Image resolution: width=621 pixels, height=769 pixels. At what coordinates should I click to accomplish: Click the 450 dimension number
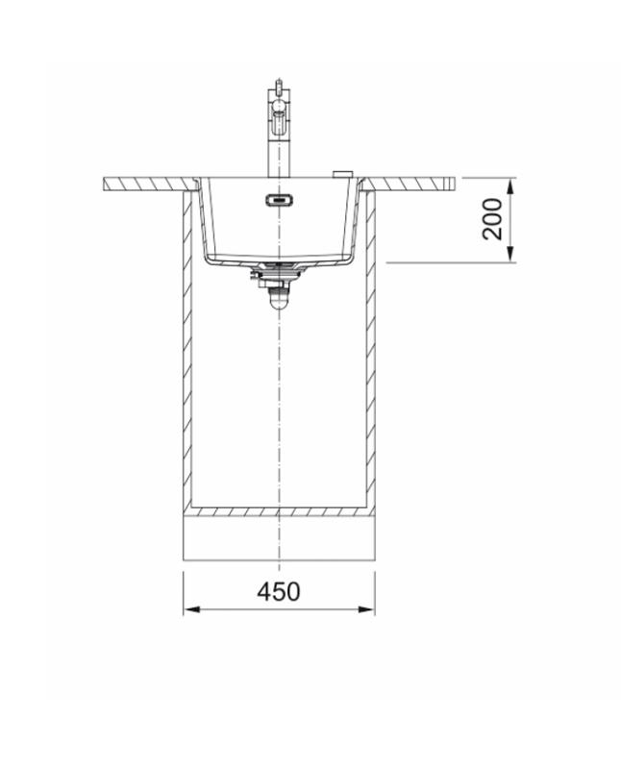point(279,591)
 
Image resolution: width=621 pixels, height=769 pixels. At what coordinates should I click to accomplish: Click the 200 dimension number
point(492,219)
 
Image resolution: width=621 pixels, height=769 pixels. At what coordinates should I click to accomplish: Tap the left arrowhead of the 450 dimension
point(190,608)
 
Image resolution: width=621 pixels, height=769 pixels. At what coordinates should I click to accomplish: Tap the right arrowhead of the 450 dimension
point(368,608)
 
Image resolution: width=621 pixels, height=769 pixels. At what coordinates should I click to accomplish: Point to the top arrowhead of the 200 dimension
point(511,186)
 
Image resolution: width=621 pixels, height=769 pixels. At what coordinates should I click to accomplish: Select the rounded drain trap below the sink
point(278,299)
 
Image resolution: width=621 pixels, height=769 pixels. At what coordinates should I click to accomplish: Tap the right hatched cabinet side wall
point(369,356)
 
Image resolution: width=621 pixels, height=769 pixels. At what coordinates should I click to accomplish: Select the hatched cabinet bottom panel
point(278,510)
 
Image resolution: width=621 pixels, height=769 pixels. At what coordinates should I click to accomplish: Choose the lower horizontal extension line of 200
point(452,261)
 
